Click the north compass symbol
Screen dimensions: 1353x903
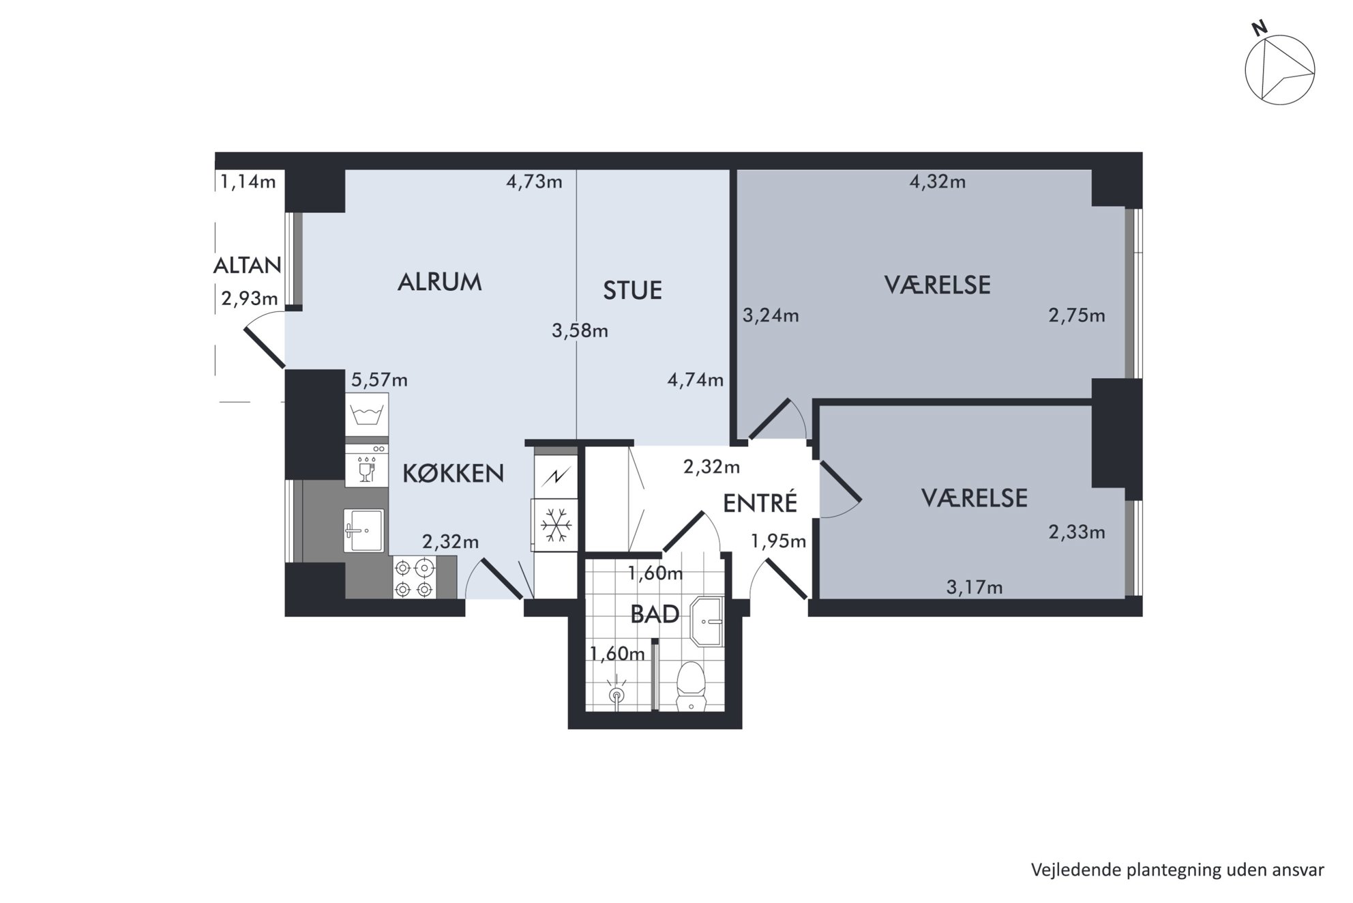click(1279, 70)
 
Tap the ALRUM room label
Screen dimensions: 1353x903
click(439, 282)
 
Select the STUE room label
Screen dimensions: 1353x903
click(632, 290)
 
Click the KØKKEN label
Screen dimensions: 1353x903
click(453, 473)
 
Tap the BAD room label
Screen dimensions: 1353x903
click(655, 614)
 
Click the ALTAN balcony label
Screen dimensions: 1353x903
click(247, 265)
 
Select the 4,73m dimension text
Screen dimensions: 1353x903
click(534, 182)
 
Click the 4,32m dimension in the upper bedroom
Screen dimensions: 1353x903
click(938, 182)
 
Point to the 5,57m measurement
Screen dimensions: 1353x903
click(379, 379)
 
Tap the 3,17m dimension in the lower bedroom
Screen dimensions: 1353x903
click(975, 587)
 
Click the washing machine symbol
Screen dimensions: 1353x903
click(367, 414)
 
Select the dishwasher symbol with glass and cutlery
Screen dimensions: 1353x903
click(367, 465)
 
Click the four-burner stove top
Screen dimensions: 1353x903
click(414, 577)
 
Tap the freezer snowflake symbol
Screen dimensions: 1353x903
click(556, 525)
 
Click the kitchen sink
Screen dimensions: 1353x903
click(363, 530)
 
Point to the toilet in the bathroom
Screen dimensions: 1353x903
click(692, 686)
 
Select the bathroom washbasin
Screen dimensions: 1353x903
click(707, 622)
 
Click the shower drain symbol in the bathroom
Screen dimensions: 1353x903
click(616, 695)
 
